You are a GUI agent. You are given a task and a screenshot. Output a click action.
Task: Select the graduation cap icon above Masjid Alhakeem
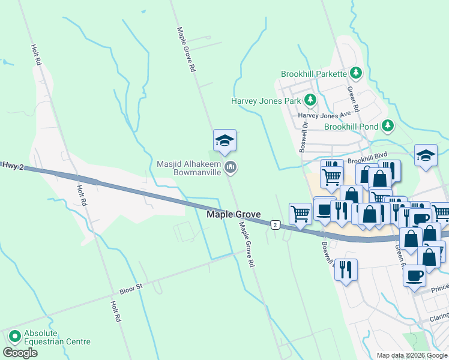224,140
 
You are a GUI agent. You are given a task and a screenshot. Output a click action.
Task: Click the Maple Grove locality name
234,214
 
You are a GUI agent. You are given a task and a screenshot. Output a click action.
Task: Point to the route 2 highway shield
275,224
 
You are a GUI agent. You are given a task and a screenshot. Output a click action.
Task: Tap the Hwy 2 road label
12,165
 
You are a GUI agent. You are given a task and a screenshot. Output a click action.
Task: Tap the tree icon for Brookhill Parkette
356,73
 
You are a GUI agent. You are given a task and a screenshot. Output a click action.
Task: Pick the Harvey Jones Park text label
265,101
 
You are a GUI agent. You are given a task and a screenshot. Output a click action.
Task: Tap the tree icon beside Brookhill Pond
388,126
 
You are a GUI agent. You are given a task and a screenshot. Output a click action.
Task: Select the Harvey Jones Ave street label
324,115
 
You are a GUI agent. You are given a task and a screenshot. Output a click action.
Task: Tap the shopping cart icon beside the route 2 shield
300,212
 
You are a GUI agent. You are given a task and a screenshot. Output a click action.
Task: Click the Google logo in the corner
20,352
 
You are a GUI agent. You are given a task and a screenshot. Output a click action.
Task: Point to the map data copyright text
411,355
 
